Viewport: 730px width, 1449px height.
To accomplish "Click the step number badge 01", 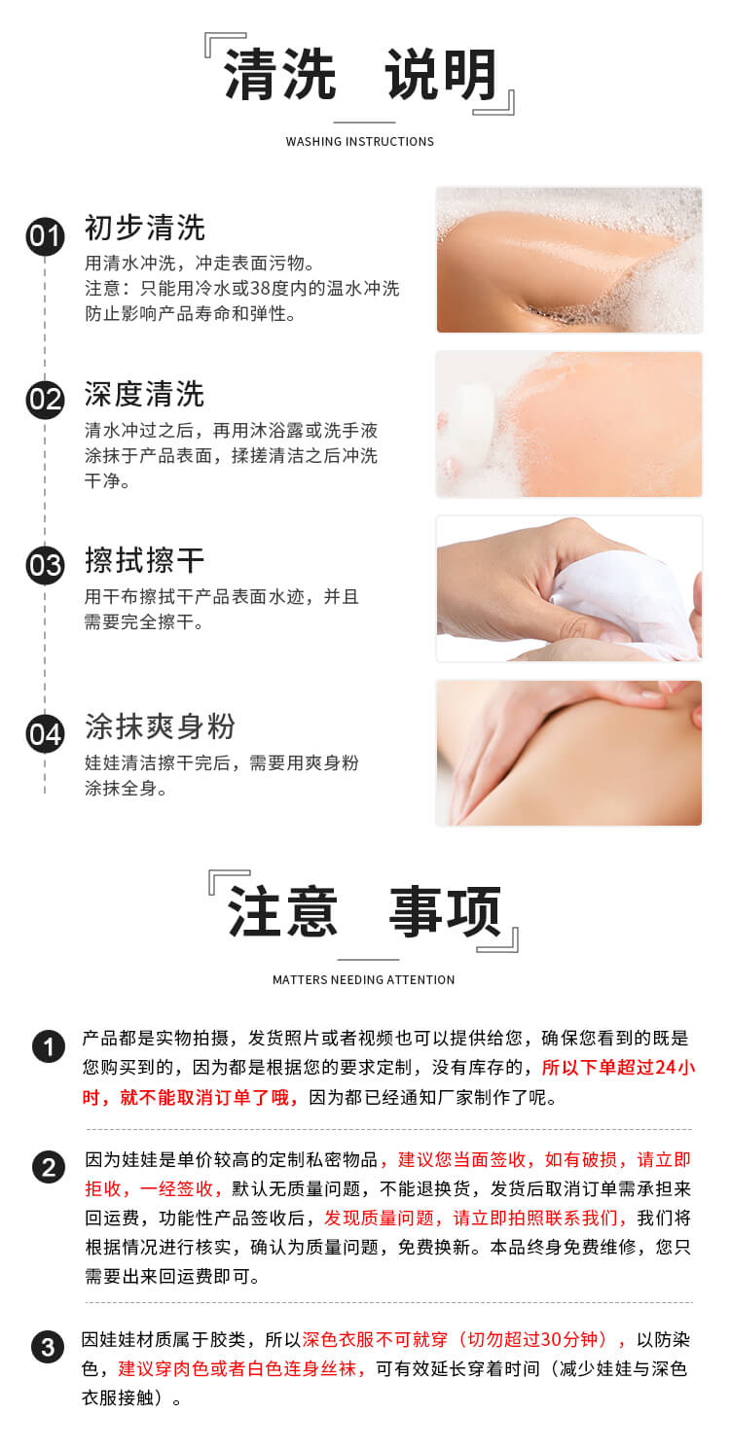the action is (x=45, y=236).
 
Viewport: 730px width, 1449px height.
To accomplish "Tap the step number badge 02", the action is (x=45, y=400).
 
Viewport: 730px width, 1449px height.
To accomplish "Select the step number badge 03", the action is (x=45, y=565).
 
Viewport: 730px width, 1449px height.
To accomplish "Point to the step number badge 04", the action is (x=45, y=734).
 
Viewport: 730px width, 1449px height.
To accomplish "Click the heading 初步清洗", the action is (x=145, y=228).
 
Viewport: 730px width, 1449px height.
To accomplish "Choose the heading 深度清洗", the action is (x=144, y=394).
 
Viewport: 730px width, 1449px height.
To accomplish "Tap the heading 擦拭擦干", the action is (x=144, y=560).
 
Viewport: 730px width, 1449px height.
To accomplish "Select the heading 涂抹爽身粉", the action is (x=160, y=726).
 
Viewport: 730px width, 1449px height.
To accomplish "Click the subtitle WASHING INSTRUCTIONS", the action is (x=360, y=142).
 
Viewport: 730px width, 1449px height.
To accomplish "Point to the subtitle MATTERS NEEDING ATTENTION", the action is (x=364, y=980).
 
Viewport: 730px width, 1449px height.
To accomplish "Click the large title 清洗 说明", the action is (x=360, y=75).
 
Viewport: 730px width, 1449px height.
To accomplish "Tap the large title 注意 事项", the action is (x=364, y=912).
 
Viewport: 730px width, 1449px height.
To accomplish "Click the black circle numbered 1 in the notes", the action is (x=49, y=1046).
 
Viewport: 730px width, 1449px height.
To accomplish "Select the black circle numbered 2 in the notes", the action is (x=49, y=1168).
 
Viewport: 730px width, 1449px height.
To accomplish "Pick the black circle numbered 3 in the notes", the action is (x=48, y=1348).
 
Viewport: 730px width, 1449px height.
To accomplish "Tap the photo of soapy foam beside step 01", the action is (x=569, y=260).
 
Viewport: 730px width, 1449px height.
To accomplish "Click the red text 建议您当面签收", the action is (x=461, y=1160).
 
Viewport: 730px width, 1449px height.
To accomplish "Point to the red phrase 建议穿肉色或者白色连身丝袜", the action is (x=237, y=1369).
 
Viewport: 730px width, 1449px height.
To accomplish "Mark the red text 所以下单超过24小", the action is (x=618, y=1068).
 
